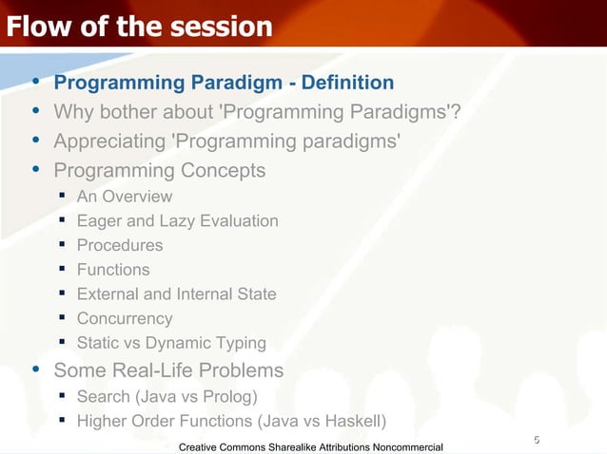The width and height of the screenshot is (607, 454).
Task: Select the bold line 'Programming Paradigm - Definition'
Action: [224, 84]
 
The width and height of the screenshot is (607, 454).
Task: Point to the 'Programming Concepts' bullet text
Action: [160, 171]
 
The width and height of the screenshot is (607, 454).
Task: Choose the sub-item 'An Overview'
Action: [125, 197]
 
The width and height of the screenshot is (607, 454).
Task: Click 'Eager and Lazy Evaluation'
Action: [177, 221]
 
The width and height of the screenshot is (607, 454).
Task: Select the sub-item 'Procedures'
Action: [120, 245]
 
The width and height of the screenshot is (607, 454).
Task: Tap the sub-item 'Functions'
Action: [113, 270]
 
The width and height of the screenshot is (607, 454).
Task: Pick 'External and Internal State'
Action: [176, 294]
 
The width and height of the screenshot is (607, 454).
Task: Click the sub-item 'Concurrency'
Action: [125, 319]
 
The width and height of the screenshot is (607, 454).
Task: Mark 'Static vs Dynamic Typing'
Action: [171, 343]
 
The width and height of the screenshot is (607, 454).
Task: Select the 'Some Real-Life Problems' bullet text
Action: [168, 369]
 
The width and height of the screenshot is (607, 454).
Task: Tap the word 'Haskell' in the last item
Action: [349, 421]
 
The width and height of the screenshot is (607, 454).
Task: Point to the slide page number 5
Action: [537, 439]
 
